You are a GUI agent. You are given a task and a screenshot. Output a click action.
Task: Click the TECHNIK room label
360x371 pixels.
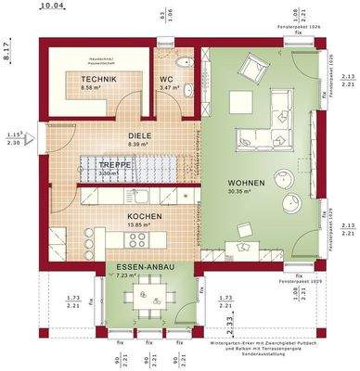(97, 81)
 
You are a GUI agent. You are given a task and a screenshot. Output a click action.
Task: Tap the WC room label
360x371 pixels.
(166, 79)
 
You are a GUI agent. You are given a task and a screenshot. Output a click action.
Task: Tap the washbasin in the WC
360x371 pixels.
(187, 90)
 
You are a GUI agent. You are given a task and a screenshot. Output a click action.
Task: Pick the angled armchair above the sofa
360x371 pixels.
(252, 67)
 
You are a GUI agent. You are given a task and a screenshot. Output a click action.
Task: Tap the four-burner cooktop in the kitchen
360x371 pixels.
(137, 238)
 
